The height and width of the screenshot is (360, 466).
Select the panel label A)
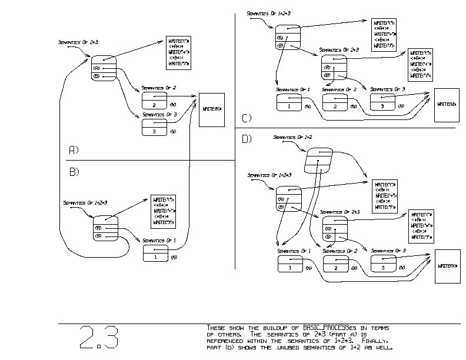point(74,150)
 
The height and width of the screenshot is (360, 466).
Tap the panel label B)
point(74,172)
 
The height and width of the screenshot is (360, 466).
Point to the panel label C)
point(246,118)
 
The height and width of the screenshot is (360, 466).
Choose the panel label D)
point(247,139)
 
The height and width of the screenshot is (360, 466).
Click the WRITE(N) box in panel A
point(212,109)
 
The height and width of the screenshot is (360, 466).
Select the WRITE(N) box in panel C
point(447,104)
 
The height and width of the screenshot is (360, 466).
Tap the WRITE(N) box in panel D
point(447,266)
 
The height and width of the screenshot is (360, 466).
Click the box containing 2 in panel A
point(154,101)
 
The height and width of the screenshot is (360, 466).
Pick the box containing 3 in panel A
point(154,127)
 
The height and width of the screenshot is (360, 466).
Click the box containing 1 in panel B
point(155,254)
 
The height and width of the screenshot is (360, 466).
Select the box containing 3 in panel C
point(382,102)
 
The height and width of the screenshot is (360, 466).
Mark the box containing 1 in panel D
point(289,264)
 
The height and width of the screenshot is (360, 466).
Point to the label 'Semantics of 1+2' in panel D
point(292,137)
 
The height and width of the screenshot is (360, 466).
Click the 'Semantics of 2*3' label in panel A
point(78,42)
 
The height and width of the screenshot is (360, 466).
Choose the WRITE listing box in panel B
point(165,211)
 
